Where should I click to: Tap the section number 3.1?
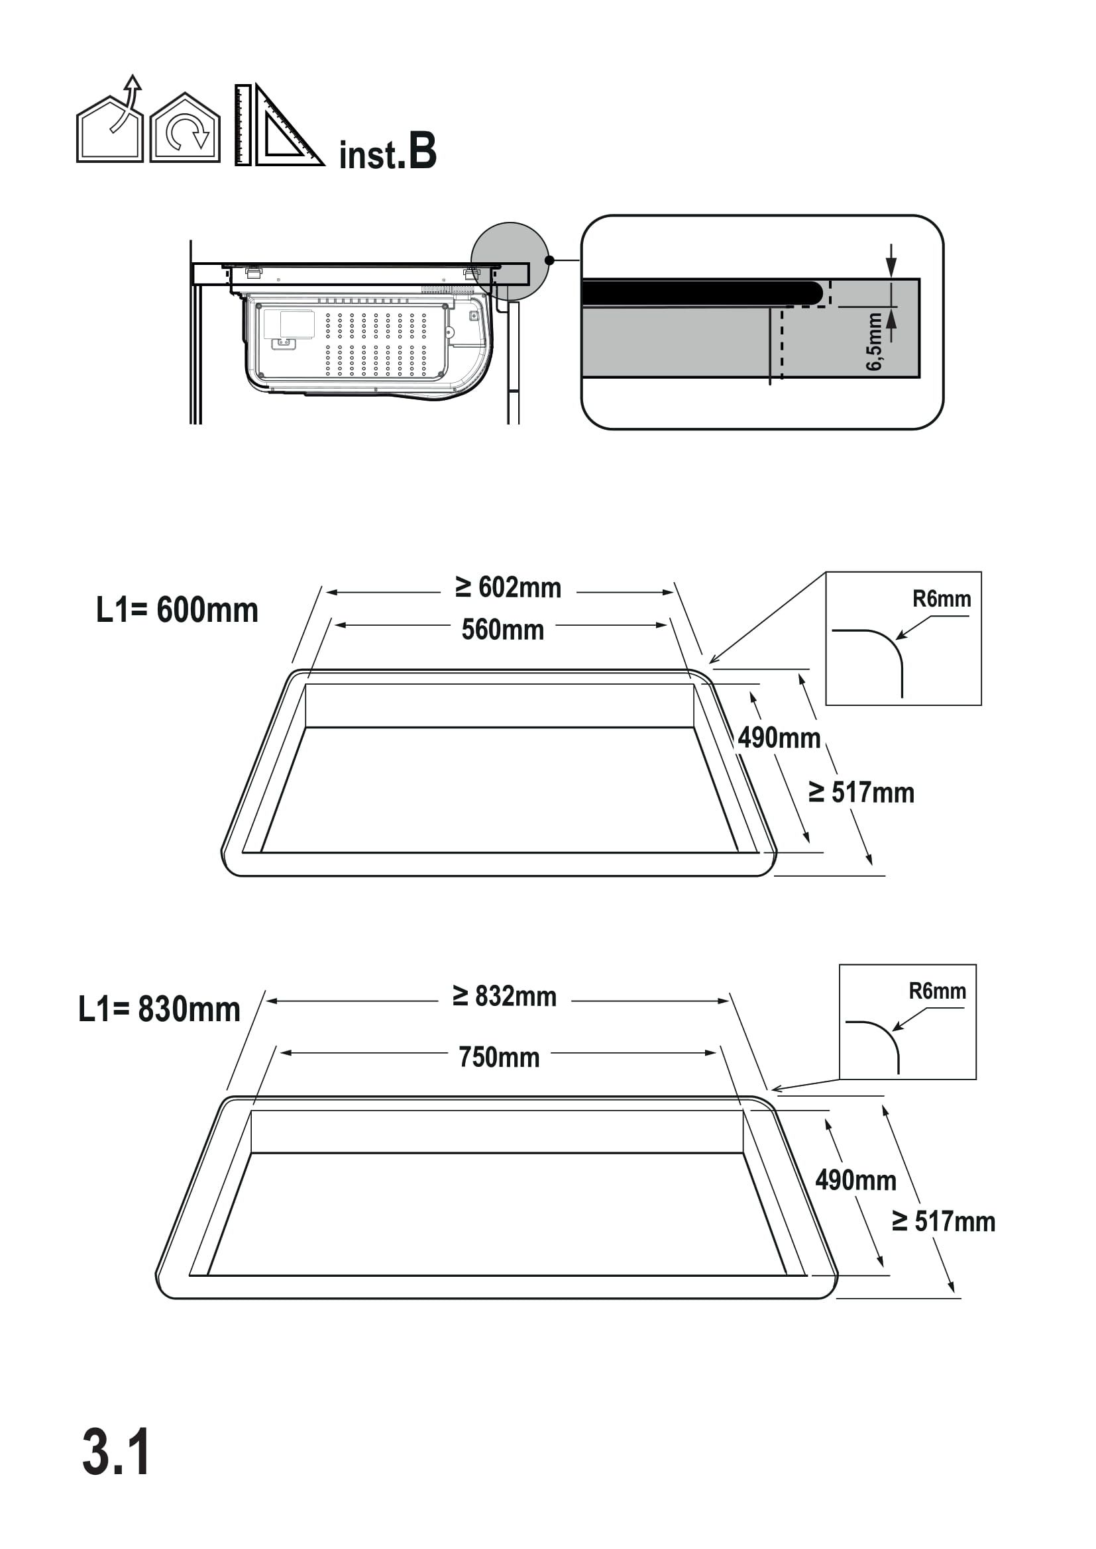116,1452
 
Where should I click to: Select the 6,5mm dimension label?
874,341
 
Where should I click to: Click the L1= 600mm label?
177,611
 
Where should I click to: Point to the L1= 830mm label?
159,1009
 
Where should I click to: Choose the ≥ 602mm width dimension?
508,587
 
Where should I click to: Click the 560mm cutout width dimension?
503,630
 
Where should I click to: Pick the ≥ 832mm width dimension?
505,997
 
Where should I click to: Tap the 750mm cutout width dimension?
500,1057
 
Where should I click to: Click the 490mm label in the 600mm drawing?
779,738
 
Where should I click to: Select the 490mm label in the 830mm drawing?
855,1180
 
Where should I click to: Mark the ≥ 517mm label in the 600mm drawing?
861,793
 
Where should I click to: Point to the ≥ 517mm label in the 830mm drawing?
944,1221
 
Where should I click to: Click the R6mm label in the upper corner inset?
942,599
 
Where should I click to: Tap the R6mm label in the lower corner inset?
938,991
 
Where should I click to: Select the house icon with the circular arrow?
185,128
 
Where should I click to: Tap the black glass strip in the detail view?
702,293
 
